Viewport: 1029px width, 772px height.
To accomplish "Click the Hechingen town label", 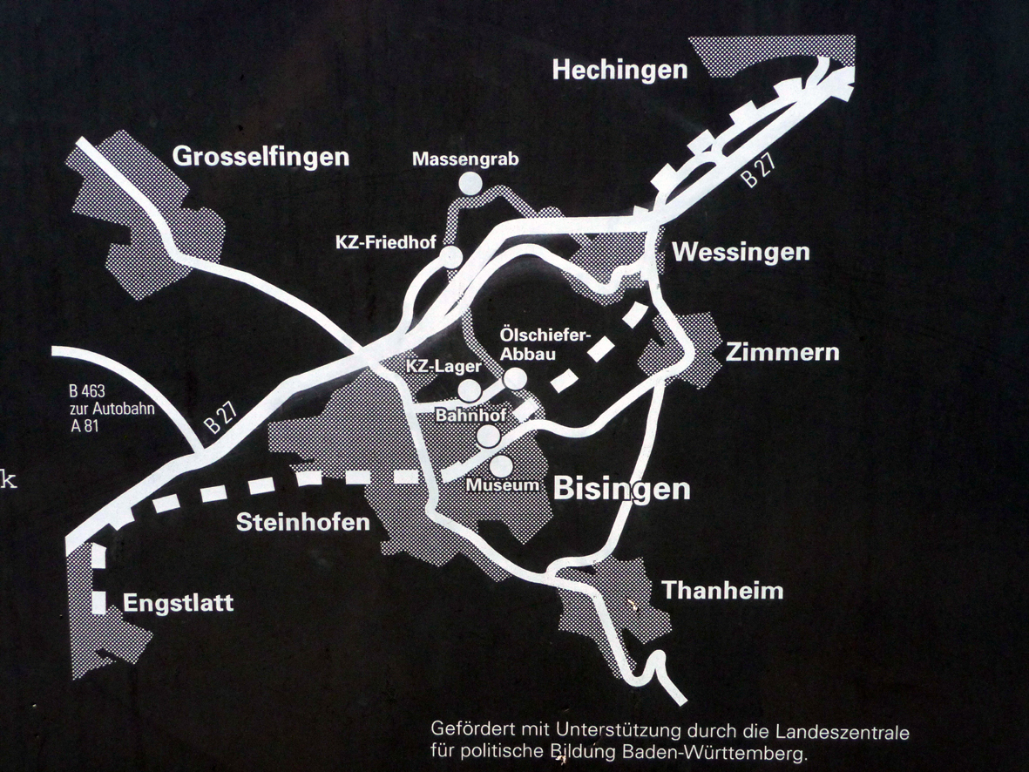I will coord(619,70).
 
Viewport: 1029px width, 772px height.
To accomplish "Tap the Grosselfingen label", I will coord(261,157).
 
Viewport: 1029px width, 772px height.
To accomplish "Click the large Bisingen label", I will coord(621,489).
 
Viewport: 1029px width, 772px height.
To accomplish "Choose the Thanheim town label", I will coord(722,591).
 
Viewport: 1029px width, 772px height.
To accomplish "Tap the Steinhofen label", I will coord(303,522).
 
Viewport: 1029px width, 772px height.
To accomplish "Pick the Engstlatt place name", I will coord(179,603).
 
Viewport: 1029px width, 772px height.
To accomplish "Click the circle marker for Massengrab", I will coord(470,183).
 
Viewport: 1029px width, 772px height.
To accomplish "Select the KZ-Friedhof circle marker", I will coord(451,256).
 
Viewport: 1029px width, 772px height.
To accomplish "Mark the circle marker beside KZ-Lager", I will coord(469,389).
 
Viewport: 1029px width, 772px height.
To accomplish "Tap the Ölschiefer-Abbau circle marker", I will coord(516,378).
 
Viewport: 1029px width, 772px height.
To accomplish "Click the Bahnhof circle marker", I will coord(489,435).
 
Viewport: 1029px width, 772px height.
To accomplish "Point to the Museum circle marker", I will coord(501,466).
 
